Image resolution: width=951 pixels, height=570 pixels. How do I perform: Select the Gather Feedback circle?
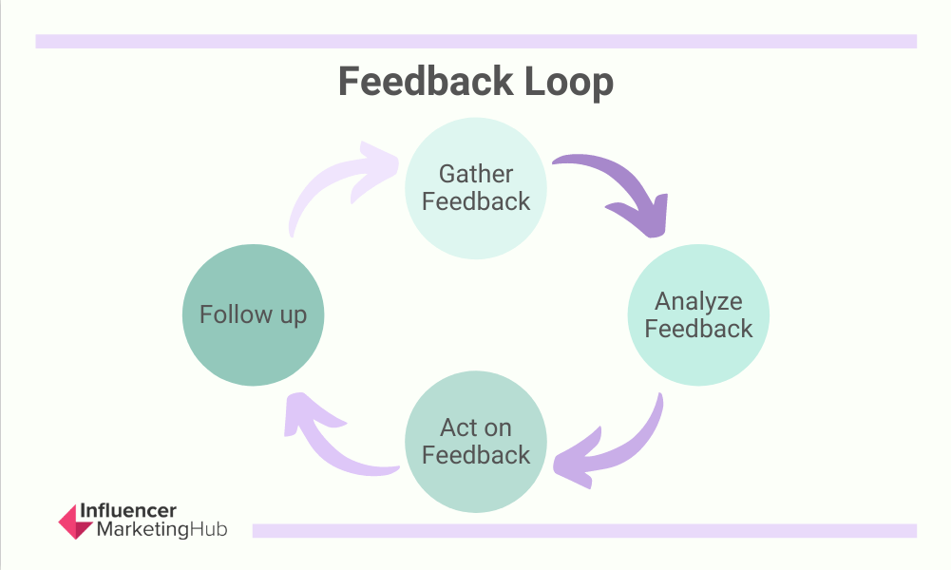pos(476,187)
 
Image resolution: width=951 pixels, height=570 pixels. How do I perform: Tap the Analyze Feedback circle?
pos(698,314)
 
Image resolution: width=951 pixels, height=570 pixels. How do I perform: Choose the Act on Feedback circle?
pos(476,441)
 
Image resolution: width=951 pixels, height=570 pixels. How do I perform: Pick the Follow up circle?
pos(253,314)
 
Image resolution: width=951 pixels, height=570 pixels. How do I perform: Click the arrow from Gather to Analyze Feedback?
pos(618,190)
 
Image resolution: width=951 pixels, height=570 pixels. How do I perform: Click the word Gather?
pos(476,174)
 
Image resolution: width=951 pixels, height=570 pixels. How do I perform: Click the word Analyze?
pos(698,301)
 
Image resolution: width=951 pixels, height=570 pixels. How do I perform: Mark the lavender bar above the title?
pos(476,41)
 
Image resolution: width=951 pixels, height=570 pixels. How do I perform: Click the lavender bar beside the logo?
pos(584,530)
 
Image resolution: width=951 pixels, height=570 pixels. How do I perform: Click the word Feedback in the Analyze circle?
pos(698,329)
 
